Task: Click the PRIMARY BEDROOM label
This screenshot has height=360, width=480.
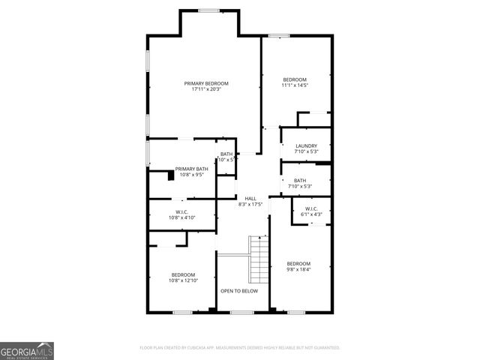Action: click(x=206, y=82)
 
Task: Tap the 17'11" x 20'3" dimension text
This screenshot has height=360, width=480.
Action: click(x=206, y=89)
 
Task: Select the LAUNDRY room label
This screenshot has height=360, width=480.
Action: click(x=306, y=145)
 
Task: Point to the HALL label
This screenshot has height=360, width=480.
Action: click(x=250, y=198)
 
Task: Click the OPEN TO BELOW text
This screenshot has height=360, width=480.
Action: click(x=238, y=291)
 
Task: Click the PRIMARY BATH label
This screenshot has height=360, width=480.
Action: click(x=191, y=169)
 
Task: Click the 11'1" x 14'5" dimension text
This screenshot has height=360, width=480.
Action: click(x=295, y=85)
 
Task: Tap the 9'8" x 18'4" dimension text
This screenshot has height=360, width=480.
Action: click(x=298, y=269)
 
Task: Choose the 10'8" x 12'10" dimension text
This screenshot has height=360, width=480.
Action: click(x=183, y=281)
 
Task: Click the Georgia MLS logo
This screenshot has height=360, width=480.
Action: click(x=27, y=350)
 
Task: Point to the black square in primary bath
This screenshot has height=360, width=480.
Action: click(x=170, y=177)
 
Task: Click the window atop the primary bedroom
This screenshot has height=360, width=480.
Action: click(x=208, y=10)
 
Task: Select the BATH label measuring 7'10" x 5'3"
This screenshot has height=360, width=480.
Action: click(x=300, y=180)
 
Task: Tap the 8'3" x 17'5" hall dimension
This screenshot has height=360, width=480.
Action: click(x=250, y=204)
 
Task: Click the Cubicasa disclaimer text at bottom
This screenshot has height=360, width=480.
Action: click(x=240, y=348)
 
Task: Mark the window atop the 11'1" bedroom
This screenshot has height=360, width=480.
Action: click(x=279, y=35)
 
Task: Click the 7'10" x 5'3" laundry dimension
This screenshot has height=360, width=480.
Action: click(x=306, y=151)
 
